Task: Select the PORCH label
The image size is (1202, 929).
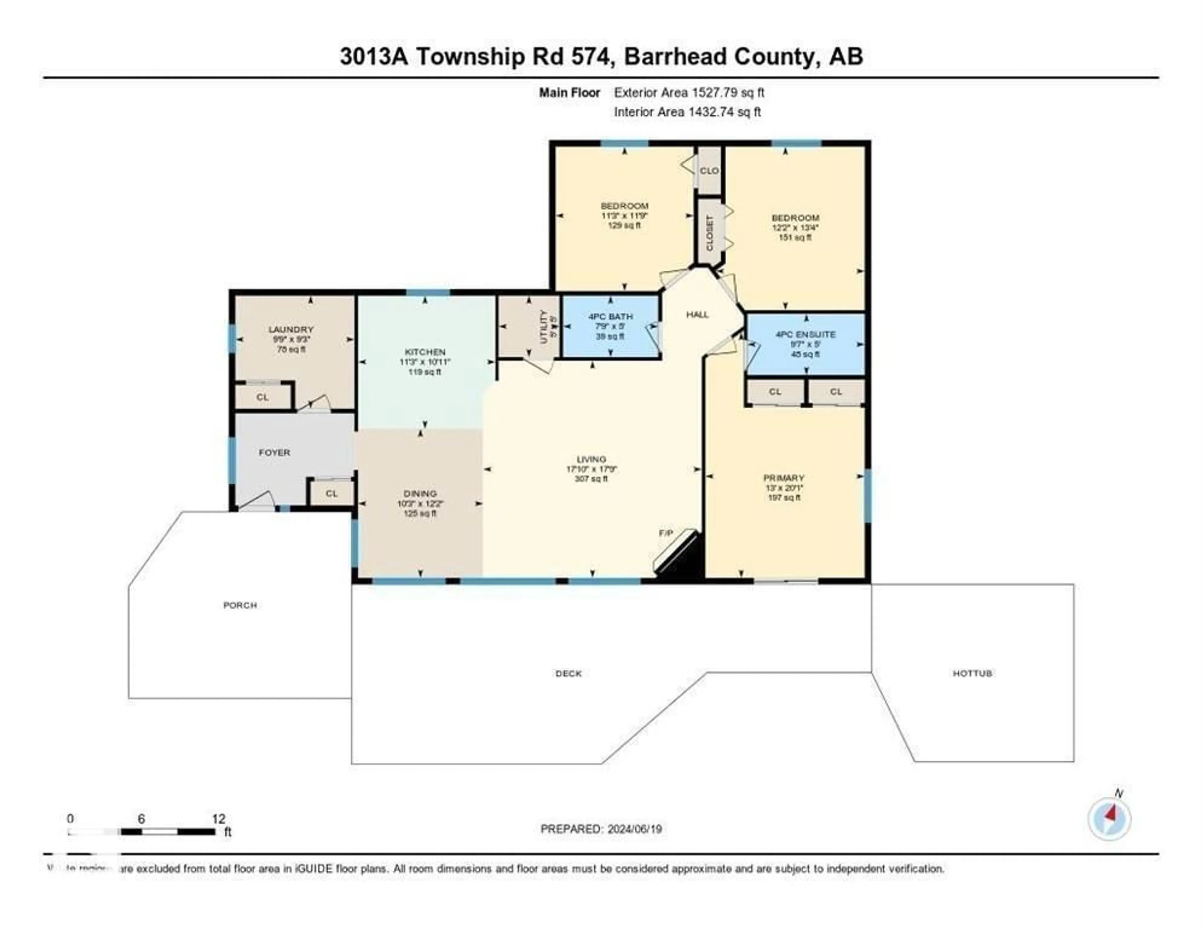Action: pyautogui.click(x=240, y=605)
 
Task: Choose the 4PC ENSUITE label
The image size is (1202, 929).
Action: pyautogui.click(x=805, y=334)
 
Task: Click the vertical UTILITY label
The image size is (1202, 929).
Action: pyautogui.click(x=544, y=327)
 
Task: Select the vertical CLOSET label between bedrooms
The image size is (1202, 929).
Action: pyautogui.click(x=709, y=232)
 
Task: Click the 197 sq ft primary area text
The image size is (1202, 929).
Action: pyautogui.click(x=784, y=498)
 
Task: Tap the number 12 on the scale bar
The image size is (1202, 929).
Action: pyautogui.click(x=218, y=819)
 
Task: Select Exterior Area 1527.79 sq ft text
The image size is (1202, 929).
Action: pyautogui.click(x=689, y=92)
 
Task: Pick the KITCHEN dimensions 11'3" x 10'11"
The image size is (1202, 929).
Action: pyautogui.click(x=424, y=362)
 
